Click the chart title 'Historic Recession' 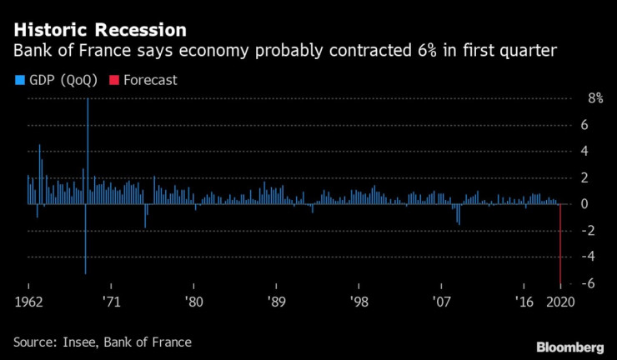[x=99, y=31]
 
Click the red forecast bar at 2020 [x=559, y=246]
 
